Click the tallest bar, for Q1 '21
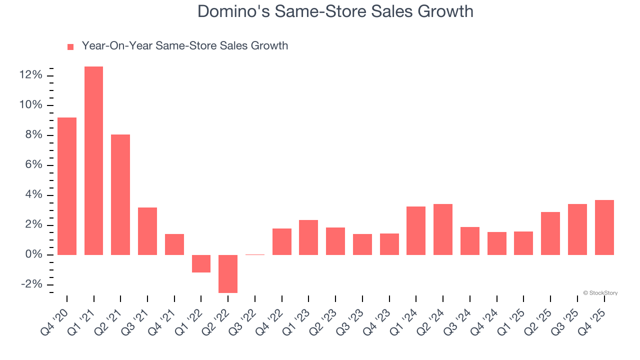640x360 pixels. [93, 160]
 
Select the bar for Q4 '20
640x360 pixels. [67, 186]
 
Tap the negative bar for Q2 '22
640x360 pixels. [228, 273]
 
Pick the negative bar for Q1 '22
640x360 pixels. [201, 263]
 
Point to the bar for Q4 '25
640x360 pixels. [604, 227]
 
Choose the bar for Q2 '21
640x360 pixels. [120, 194]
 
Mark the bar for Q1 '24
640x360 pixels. [416, 230]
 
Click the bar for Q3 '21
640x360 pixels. [147, 231]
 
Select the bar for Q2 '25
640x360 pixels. [550, 233]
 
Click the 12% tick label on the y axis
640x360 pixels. [30, 75]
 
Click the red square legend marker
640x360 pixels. [70, 46]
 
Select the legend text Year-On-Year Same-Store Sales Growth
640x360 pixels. [184, 46]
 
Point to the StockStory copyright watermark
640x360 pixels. [600, 293]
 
